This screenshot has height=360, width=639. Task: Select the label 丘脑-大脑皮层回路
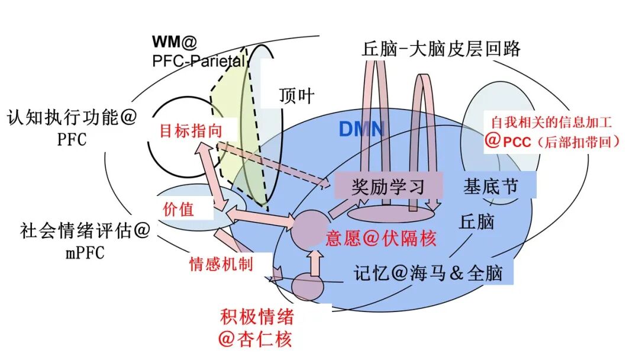pyautogui.click(x=441, y=48)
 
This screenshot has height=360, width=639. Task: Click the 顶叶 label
pyautogui.click(x=296, y=95)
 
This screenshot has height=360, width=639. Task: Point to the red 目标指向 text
pyautogui.click(x=191, y=131)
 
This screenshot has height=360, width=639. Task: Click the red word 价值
pyautogui.click(x=178, y=209)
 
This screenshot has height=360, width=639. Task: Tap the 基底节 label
pyautogui.click(x=490, y=187)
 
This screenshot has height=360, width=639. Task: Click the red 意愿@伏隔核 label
pyautogui.click(x=381, y=239)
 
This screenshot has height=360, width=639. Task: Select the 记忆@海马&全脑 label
pyautogui.click(x=428, y=273)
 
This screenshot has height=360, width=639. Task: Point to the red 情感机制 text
pyautogui.click(x=221, y=263)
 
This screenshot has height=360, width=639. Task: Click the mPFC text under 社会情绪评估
pyautogui.click(x=82, y=253)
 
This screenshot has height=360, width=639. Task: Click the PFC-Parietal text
pyautogui.click(x=198, y=60)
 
